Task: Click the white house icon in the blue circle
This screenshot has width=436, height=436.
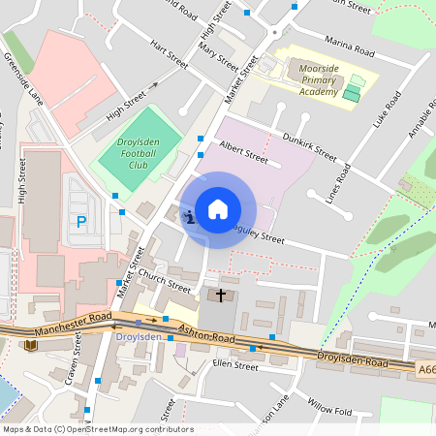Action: pos(218,209)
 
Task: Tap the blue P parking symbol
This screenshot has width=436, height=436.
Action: pos(80,222)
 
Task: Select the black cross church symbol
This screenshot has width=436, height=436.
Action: pos(221,295)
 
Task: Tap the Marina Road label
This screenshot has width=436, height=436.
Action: pos(351,48)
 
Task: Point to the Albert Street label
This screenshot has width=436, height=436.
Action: pos(243,152)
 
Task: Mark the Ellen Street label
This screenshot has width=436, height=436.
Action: pos(235,366)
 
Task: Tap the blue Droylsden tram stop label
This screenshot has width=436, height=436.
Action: pos(139,336)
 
